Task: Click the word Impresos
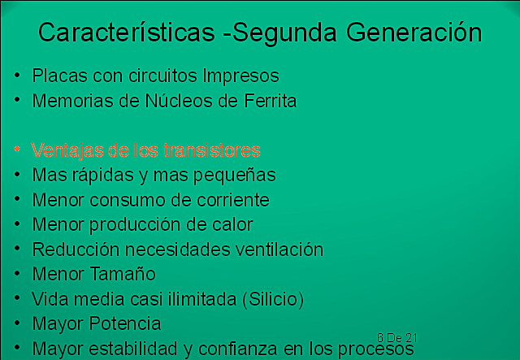(241, 76)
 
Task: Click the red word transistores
(211, 150)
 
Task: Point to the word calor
(233, 224)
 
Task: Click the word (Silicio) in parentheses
(273, 299)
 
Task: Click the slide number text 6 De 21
(397, 336)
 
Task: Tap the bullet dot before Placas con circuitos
(18, 76)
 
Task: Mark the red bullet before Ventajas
(18, 151)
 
